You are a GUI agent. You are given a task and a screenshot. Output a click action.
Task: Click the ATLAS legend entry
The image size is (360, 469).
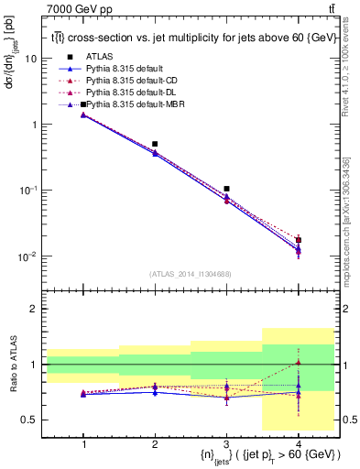coord(99,57)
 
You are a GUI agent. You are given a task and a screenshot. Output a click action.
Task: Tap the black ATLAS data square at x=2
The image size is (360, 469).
coord(155,144)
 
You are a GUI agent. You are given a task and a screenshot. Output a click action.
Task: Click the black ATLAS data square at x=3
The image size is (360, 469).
coord(226,189)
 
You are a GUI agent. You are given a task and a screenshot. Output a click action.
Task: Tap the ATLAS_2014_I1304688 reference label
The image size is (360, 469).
coord(191,274)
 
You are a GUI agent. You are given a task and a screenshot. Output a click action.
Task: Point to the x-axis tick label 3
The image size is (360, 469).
coord(226,444)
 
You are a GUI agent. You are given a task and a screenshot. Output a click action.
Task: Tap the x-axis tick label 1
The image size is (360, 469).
coord(83,444)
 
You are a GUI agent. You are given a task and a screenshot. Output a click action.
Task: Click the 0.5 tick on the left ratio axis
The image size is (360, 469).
coord(34,420)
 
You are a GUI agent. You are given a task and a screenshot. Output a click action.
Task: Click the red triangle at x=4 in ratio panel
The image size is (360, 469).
coord(298,363)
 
